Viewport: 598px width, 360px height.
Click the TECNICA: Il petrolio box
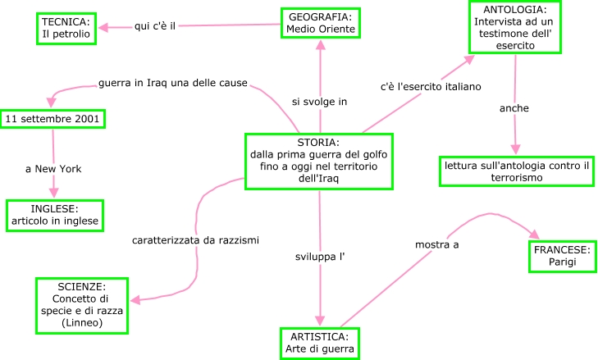coord(67,28)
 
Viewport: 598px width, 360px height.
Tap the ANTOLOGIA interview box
coord(515,28)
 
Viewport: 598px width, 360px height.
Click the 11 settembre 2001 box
coord(52,119)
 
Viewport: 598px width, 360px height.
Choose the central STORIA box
coord(313,161)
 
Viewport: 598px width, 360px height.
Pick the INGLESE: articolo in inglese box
coord(54,214)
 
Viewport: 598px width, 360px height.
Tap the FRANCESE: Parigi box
coord(562,256)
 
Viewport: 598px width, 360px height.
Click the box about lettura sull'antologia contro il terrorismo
coord(517,171)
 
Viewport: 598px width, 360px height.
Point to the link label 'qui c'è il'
coord(155,26)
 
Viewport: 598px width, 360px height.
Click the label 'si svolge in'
coord(319,102)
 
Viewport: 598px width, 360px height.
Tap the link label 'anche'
coord(514,107)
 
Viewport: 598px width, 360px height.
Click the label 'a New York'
coord(53,169)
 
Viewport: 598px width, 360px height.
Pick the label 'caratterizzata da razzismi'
coord(195,240)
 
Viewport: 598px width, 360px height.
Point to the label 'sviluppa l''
coord(319,257)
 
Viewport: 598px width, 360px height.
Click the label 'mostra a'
coord(436,244)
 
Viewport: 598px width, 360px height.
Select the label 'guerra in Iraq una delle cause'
coord(172,83)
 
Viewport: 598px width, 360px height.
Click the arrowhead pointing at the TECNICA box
coord(104,28)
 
